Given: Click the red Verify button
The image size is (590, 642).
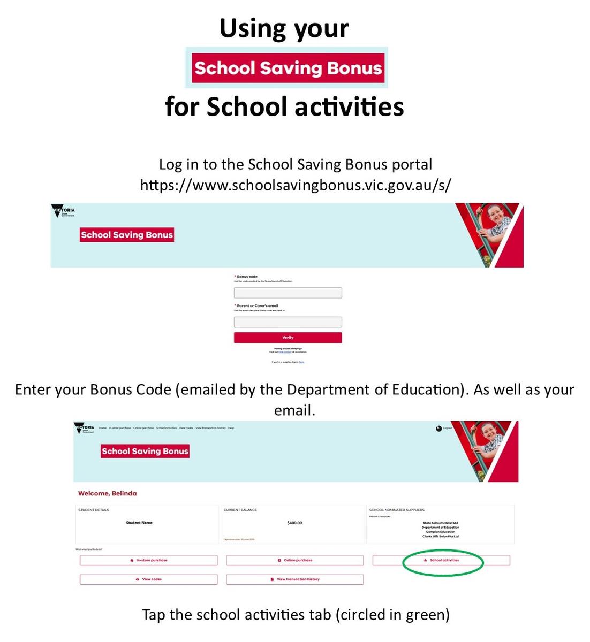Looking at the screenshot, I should (x=288, y=338).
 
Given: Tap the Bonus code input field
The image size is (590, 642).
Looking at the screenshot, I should (x=288, y=293).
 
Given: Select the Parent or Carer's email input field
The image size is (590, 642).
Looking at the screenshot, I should (x=288, y=322).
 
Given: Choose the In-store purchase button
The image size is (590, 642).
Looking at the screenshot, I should (x=149, y=560).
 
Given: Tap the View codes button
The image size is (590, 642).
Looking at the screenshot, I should (x=149, y=579).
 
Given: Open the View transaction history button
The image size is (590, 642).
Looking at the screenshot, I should (x=295, y=579).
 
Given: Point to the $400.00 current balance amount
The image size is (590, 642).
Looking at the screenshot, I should (x=294, y=523).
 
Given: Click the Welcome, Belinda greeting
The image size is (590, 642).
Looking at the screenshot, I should (x=108, y=493).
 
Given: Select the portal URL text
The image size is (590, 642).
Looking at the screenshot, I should (x=295, y=185).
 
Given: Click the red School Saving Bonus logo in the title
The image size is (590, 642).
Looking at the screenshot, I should (x=288, y=68).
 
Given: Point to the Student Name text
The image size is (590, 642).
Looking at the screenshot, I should (x=139, y=523).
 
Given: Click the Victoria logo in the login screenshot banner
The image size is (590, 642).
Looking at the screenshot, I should (x=64, y=211).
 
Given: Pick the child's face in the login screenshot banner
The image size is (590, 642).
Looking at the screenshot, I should (x=495, y=217).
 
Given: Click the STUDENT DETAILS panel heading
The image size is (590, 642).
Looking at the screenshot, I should (x=94, y=510).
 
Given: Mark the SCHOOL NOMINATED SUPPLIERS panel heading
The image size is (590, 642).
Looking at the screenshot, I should (x=397, y=510).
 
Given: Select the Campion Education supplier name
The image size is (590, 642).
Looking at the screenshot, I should (x=441, y=532).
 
